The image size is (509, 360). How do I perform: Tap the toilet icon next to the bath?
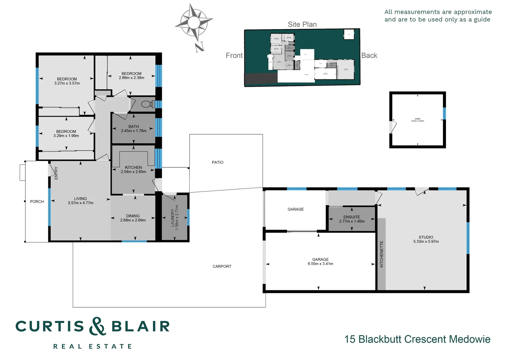tap(148, 104)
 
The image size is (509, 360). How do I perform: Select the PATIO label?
tap(218, 162)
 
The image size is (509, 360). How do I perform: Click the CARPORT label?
tap(222, 266)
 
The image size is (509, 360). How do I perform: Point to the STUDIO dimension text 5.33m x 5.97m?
tap(426, 242)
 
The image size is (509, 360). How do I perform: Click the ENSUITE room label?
tap(351, 217)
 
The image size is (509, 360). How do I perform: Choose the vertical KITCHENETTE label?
tap(381, 254)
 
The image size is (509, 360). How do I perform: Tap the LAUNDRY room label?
tap(172, 218)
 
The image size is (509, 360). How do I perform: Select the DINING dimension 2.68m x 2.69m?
tap(133, 220)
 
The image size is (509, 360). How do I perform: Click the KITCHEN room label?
tap(133, 167)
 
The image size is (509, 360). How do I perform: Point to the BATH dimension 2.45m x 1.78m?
tap(134, 131)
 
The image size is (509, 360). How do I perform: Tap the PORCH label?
tap(37, 202)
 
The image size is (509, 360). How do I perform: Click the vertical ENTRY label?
tap(56, 173)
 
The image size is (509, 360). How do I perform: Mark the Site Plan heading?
tap(302, 24)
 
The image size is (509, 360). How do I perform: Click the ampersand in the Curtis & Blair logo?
tap(97, 326)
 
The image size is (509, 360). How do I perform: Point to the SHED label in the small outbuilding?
tap(417, 119)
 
